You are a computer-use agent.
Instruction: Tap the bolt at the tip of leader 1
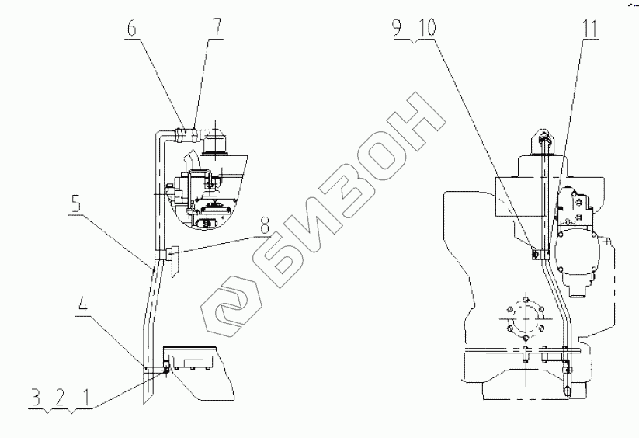(x=166, y=370)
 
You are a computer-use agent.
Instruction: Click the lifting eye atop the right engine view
(x=543, y=141)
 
